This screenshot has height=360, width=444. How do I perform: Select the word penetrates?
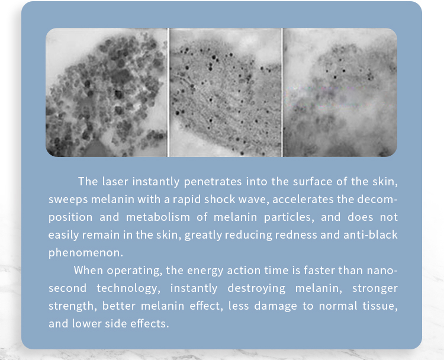(213, 182)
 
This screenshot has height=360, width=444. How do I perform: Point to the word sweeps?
(68, 200)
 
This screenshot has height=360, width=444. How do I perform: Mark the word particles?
(289, 217)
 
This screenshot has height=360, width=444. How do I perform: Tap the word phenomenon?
(86, 253)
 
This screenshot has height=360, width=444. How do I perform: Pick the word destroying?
(256, 288)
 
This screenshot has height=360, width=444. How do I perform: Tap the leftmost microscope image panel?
(107, 92)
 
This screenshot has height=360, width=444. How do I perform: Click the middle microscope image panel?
(226, 92)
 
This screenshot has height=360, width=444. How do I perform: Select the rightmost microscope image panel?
(340, 92)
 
